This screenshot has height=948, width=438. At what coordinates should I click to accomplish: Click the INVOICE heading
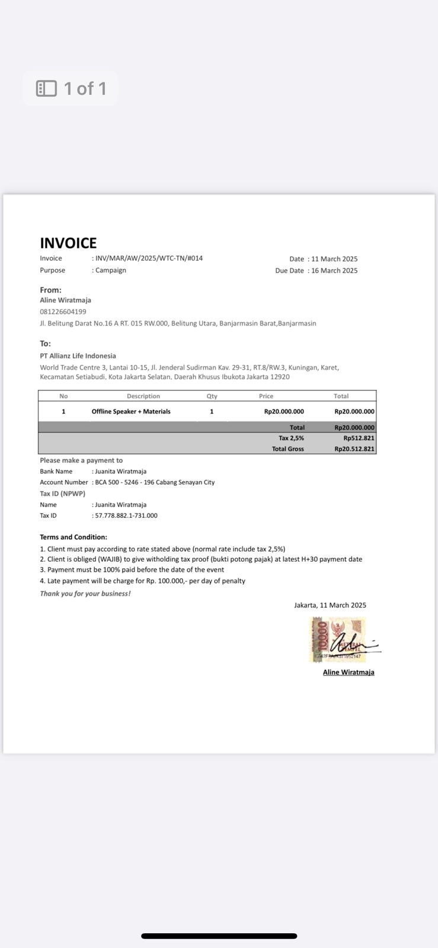pos(68,243)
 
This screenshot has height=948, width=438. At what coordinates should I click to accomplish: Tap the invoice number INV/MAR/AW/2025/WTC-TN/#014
pos(149,258)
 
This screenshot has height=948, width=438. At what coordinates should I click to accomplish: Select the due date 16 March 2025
pos(334,271)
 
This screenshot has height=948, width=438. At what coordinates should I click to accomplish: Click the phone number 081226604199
pos(63,312)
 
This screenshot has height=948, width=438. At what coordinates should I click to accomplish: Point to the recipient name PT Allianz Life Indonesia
pos(78,356)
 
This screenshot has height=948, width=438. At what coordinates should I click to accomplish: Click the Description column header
pos(143,396)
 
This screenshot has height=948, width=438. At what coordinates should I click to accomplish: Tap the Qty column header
pos(212,396)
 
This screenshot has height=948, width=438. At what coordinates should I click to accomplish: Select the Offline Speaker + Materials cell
pos(131,412)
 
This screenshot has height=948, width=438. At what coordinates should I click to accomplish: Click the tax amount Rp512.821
pos(359,438)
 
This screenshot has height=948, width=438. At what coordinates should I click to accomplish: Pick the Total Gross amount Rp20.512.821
pos(354,449)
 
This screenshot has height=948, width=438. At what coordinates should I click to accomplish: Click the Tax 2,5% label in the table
pos(291,438)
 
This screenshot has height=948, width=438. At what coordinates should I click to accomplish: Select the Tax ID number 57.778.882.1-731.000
pos(126,515)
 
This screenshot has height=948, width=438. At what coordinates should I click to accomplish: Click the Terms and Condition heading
pos(73,537)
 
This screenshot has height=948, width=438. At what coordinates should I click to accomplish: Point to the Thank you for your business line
pos(85,594)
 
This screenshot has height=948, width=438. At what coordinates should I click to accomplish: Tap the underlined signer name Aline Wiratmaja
pos(349,672)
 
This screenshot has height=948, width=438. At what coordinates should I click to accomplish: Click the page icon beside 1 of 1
pos(46,89)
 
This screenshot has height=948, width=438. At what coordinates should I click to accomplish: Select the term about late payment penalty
pos(142,581)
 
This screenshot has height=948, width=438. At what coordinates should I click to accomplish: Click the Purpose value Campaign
pos(110,270)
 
